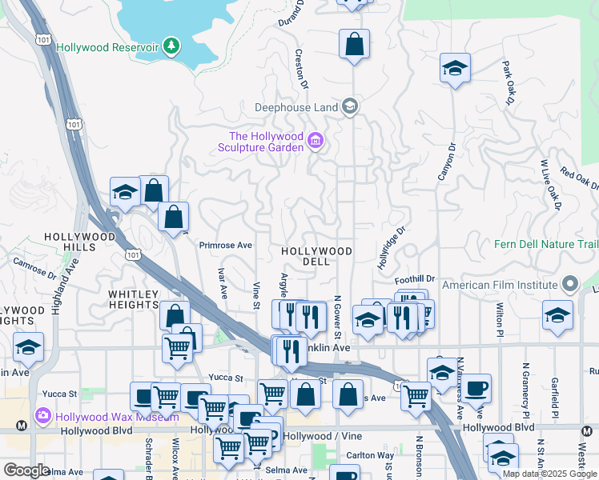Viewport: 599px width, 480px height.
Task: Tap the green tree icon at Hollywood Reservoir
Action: click(171, 47)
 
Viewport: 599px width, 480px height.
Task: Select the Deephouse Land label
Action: click(295, 106)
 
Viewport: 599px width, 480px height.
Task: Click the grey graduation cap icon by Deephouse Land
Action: click(349, 106)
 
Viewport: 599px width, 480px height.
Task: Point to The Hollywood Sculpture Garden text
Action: click(266, 142)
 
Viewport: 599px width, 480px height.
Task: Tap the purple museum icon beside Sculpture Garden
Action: click(316, 142)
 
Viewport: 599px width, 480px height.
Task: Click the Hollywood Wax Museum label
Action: click(107, 416)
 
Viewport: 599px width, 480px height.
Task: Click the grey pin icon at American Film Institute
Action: click(570, 284)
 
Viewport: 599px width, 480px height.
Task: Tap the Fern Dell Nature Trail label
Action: click(546, 244)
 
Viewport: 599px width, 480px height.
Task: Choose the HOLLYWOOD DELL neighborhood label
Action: click(316, 256)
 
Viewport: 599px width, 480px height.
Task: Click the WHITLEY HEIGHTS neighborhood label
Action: click(134, 299)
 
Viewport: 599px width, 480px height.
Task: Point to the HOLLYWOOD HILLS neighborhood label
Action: click(79, 242)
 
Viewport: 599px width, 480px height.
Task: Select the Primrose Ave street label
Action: click(226, 245)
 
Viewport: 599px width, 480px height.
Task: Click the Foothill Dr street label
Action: click(415, 279)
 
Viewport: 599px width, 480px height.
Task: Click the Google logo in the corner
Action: click(26, 470)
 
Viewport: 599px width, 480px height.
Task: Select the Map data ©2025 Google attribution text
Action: click(549, 474)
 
